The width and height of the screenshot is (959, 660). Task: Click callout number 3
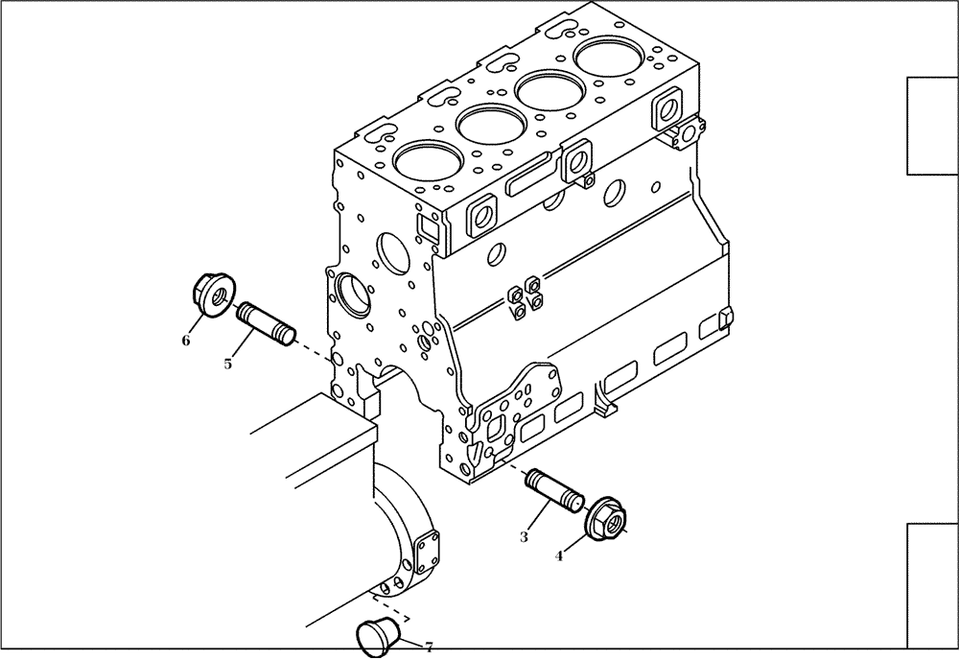524,537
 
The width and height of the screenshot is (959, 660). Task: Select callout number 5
228,364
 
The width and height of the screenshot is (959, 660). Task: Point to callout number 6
186,340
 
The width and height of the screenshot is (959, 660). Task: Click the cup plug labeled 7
372,638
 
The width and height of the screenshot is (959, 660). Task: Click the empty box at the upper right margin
932,126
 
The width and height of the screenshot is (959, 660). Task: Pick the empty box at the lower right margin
932,585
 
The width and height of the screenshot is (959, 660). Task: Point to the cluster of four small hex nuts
525,296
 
